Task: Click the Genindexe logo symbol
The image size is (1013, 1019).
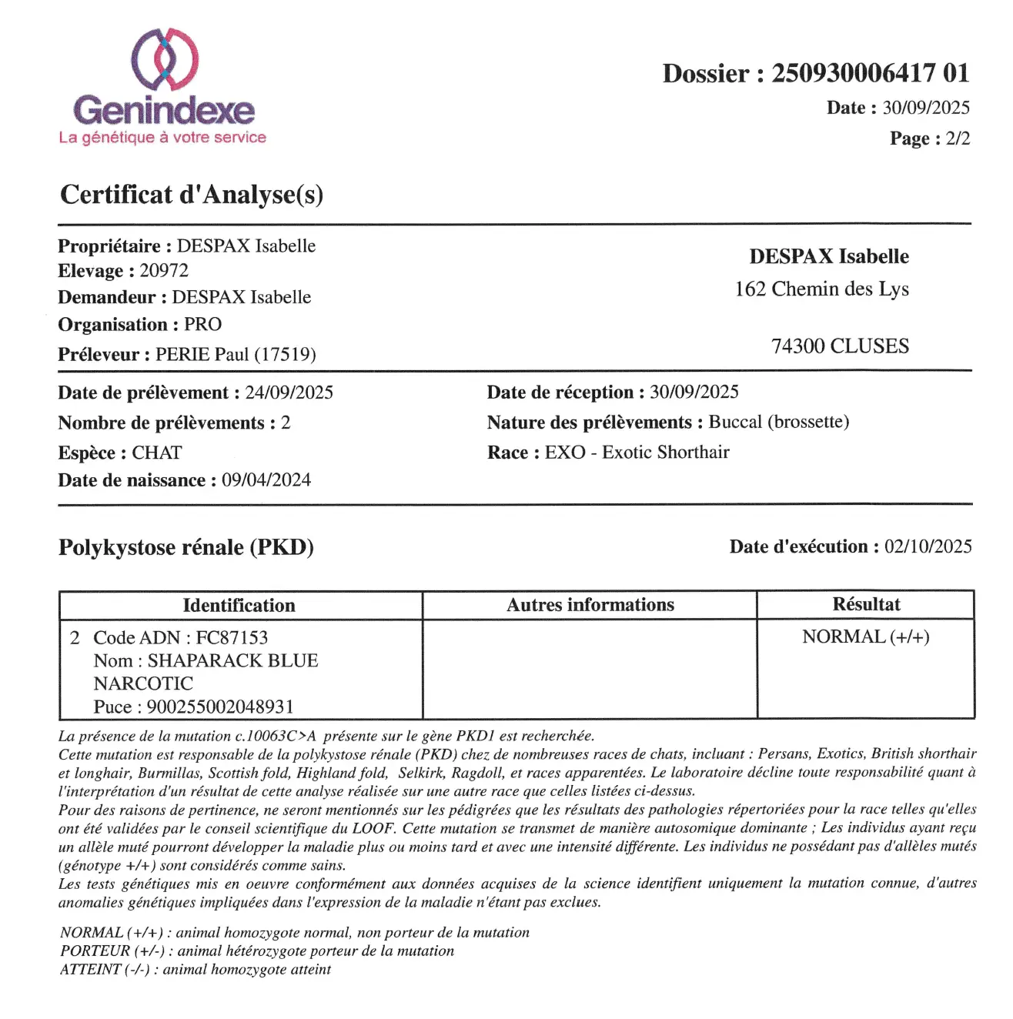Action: [164, 58]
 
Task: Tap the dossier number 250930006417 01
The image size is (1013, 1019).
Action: [870, 74]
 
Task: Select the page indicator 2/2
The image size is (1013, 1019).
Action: [958, 139]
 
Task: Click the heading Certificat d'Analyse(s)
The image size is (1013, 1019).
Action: [192, 194]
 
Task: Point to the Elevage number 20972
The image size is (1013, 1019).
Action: [164, 271]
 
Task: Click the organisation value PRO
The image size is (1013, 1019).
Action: [202, 325]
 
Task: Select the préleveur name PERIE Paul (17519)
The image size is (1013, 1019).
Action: [236, 355]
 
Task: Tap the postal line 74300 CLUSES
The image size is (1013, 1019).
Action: [840, 346]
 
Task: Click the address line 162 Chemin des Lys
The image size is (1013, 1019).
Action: [821, 289]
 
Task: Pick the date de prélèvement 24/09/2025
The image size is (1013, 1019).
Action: [289, 393]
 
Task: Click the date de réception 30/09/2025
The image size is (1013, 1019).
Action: [694, 393]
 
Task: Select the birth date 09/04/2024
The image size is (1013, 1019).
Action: [266, 480]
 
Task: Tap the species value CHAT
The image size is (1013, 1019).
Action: [157, 453]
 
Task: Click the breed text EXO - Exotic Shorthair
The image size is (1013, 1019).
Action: [637, 453]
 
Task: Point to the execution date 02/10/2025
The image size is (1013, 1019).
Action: [928, 546]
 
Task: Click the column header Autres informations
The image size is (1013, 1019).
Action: [590, 605]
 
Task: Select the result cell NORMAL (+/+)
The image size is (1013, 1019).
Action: [865, 637]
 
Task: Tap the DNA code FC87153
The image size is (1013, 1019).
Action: [232, 638]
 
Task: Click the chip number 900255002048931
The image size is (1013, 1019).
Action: [220, 707]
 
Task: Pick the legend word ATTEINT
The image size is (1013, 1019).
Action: [90, 970]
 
